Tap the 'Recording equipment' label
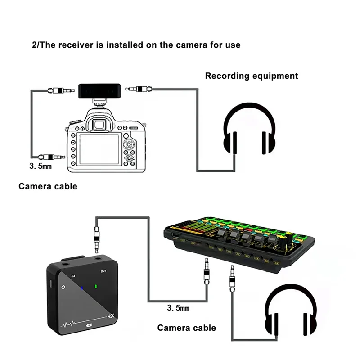[x=252, y=76]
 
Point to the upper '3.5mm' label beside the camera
[x=41, y=166]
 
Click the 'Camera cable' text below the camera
[x=48, y=186]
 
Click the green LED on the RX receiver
[x=96, y=286]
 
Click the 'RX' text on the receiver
[x=111, y=316]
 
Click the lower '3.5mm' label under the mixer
[x=178, y=308]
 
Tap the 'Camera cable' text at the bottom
[x=186, y=328]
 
